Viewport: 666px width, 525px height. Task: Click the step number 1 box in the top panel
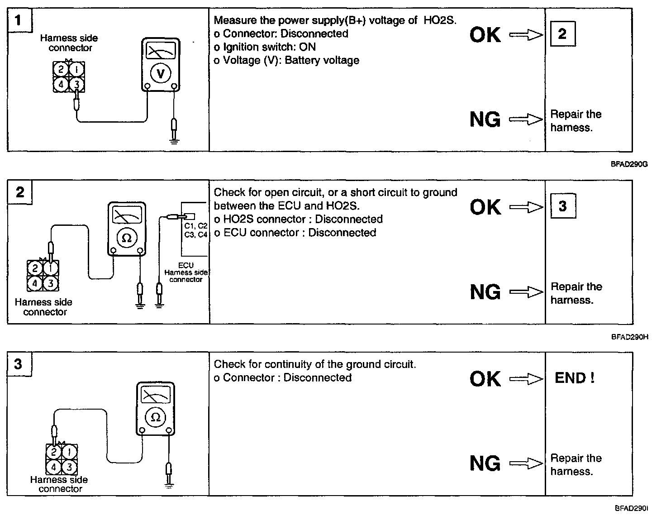[x=18, y=20]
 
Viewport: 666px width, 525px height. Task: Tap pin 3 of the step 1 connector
[x=77, y=84]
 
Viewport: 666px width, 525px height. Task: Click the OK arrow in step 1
[x=526, y=35]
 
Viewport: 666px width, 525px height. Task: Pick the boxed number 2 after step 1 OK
[x=562, y=34]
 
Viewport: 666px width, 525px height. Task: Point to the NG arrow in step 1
[x=526, y=119]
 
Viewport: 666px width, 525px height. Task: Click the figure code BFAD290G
[x=629, y=164]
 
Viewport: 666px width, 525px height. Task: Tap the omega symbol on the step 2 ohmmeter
[x=127, y=238]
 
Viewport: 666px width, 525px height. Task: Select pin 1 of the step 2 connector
[x=51, y=269]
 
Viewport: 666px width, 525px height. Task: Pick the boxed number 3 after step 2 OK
[x=562, y=206]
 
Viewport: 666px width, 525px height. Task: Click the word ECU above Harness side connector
[x=186, y=265]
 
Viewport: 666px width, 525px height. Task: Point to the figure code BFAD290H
[x=630, y=337]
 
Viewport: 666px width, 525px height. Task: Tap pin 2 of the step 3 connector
[x=54, y=452]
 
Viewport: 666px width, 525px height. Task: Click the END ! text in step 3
[x=574, y=378]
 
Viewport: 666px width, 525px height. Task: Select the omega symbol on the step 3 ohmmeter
[x=156, y=417]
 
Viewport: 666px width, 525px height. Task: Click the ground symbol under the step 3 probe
[x=169, y=486]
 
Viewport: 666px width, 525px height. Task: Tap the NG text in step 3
[x=485, y=463]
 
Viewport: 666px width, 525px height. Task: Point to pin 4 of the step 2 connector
[x=35, y=284]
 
